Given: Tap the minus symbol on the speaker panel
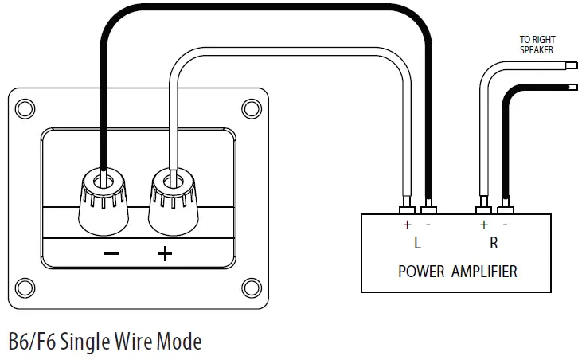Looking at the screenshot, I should (112, 254).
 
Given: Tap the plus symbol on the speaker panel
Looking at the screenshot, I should (164, 254).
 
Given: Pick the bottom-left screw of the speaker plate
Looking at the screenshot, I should (25, 287).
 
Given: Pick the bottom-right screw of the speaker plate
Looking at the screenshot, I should (251, 287).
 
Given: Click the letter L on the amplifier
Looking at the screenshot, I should (417, 243).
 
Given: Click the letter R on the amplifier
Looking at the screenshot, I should (494, 243).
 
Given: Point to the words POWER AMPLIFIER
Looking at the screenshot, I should (457, 272).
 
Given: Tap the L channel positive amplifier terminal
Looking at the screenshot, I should (406, 209).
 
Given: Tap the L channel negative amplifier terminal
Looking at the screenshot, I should (429, 209).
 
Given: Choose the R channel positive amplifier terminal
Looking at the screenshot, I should (482, 209).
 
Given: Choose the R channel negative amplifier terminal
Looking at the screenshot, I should (504, 209).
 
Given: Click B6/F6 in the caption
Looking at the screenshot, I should (32, 342).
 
